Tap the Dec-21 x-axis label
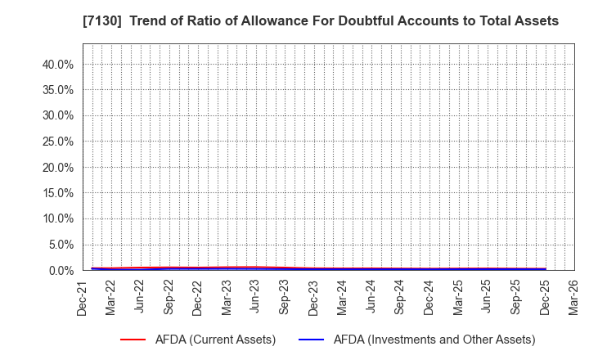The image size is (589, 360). coord(83,297)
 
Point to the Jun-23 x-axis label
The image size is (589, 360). coord(255,297)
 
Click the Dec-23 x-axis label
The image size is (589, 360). coord(313,297)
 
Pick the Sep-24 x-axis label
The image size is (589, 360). coord(400,297)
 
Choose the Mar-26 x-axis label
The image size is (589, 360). coord(573,297)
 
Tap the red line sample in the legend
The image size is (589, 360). coord(138,340)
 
